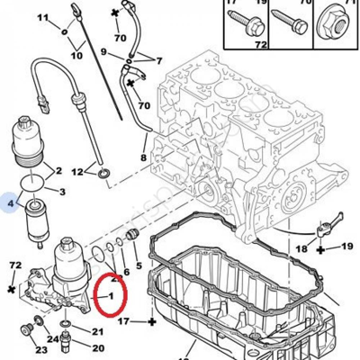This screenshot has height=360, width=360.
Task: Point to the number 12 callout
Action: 77,171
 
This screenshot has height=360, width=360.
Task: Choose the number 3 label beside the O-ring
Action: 61,193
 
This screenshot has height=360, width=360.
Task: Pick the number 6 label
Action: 125,271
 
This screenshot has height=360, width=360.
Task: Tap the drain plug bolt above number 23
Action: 37,325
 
